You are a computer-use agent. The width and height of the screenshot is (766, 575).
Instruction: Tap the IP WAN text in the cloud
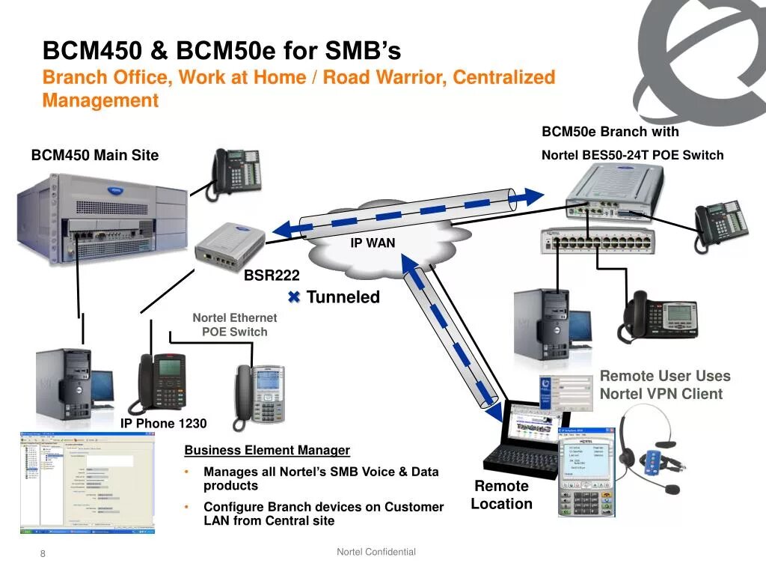pyautogui.click(x=373, y=243)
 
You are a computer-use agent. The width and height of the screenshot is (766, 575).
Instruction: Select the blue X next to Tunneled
pyautogui.click(x=294, y=297)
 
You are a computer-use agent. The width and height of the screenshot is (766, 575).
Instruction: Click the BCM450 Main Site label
pyautogui.click(x=95, y=156)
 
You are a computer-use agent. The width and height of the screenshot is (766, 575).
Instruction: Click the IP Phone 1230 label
pyautogui.click(x=164, y=424)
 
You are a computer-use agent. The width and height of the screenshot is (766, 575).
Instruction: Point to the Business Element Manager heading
pyautogui.click(x=267, y=450)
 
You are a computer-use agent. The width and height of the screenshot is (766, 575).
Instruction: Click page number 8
pyautogui.click(x=43, y=554)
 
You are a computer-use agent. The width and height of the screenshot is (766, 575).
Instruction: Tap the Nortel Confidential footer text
pyautogui.click(x=376, y=552)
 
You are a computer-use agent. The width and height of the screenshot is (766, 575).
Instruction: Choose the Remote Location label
pyautogui.click(x=501, y=495)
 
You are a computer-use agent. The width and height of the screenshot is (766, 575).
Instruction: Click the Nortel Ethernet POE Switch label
pyautogui.click(x=234, y=325)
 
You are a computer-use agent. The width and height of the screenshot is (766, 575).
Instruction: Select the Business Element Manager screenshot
pyautogui.click(x=87, y=482)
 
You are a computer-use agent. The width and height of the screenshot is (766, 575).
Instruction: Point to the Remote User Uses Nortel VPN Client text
pyautogui.click(x=664, y=385)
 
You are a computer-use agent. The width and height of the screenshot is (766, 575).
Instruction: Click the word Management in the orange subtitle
pyautogui.click(x=100, y=100)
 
